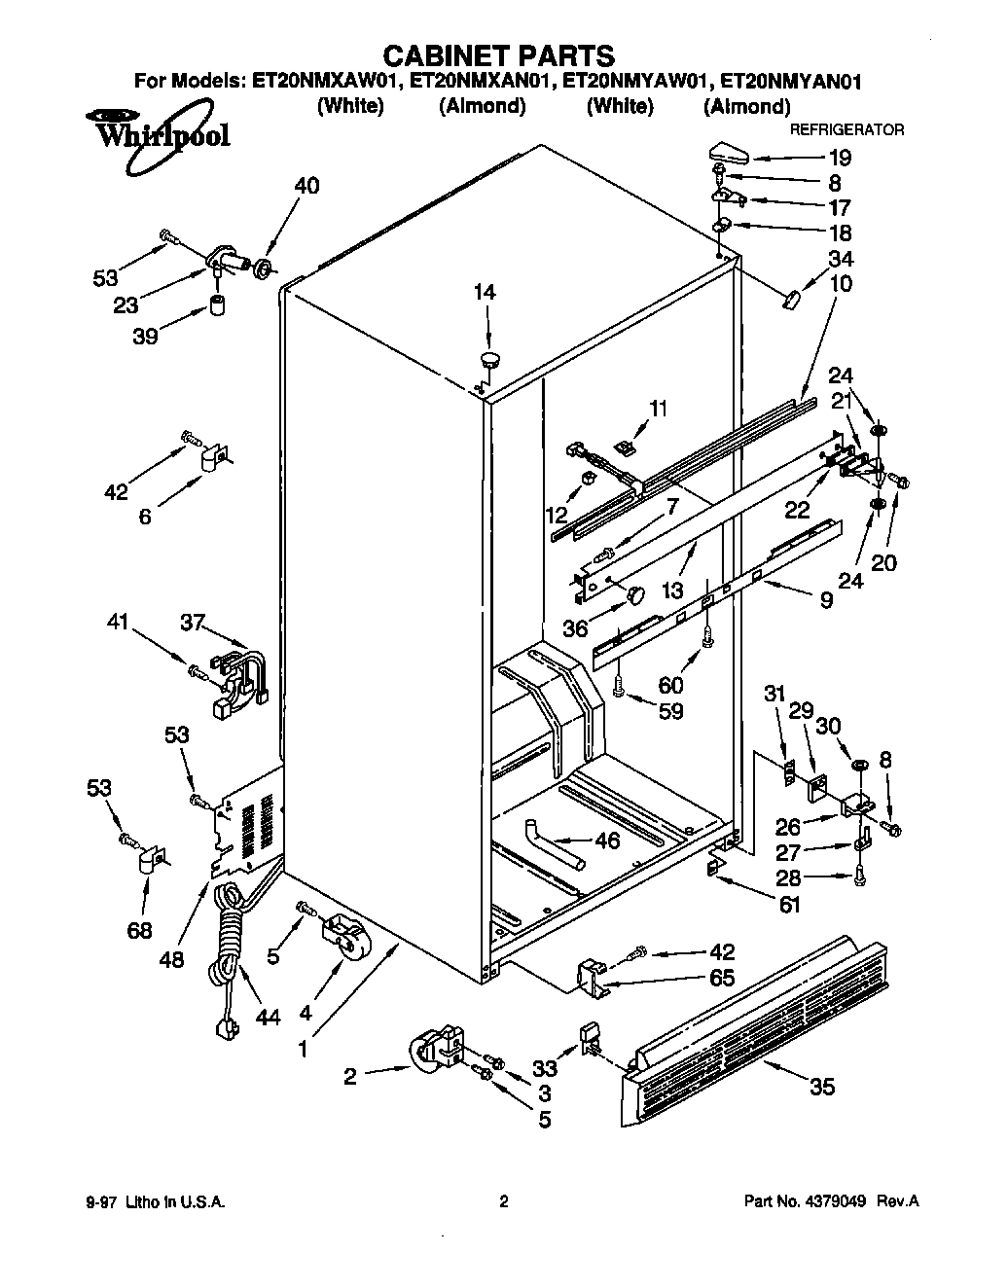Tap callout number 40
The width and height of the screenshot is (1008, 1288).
tap(306, 185)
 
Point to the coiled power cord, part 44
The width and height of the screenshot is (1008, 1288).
tap(231, 948)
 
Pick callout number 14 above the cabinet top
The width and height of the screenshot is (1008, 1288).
tap(484, 291)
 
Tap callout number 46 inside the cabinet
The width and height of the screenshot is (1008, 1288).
tap(606, 840)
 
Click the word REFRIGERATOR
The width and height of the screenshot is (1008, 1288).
tap(846, 129)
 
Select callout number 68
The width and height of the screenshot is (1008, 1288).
tap(140, 930)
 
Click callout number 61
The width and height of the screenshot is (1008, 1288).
tap(789, 904)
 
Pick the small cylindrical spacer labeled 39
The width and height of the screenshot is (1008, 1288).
tap(217, 308)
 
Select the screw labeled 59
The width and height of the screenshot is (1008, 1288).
tap(620, 688)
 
